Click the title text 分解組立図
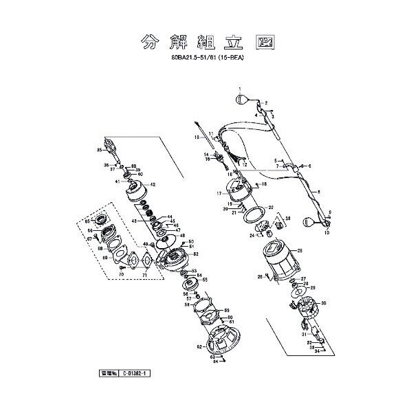205,43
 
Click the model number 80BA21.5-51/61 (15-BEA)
206,59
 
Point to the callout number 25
300,250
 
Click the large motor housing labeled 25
275,265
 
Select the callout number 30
324,303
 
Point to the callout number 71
145,274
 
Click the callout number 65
88,220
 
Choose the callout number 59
225,310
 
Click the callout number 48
182,236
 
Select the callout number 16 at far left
196,137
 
